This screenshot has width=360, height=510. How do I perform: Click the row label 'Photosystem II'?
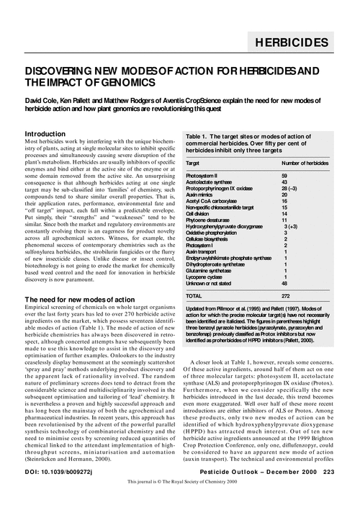[205, 176]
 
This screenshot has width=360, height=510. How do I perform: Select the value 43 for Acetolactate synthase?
[284, 182]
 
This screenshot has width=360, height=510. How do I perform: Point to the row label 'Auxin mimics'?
[202, 194]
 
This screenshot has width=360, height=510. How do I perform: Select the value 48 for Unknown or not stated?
[284, 284]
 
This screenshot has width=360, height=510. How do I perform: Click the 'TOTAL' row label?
[194, 295]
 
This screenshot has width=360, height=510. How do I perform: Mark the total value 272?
[286, 295]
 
